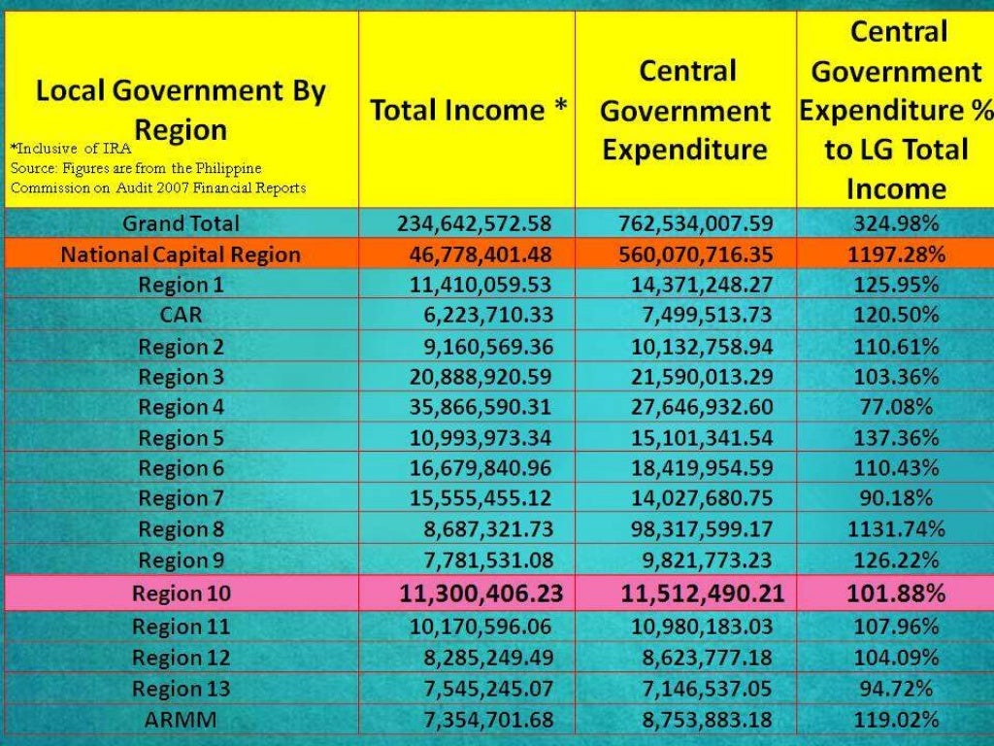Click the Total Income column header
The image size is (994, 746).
(468, 110)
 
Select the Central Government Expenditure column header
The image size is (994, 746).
(685, 110)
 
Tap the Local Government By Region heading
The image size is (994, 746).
(181, 110)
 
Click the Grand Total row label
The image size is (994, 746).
(181, 223)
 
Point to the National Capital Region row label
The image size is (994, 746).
(181, 254)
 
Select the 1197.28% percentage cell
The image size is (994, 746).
(895, 254)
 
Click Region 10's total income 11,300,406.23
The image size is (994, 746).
(480, 593)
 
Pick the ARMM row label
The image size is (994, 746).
(181, 720)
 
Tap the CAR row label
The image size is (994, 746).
(181, 316)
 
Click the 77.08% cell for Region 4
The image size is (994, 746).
(895, 407)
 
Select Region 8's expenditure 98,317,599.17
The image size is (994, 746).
(696, 529)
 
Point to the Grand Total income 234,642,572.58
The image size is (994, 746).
(474, 223)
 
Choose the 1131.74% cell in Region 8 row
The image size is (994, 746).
(895, 529)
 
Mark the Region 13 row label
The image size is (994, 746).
(181, 689)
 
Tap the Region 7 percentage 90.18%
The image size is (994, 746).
(895, 498)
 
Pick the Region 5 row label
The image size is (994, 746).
(181, 438)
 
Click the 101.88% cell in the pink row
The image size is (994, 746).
(895, 593)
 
